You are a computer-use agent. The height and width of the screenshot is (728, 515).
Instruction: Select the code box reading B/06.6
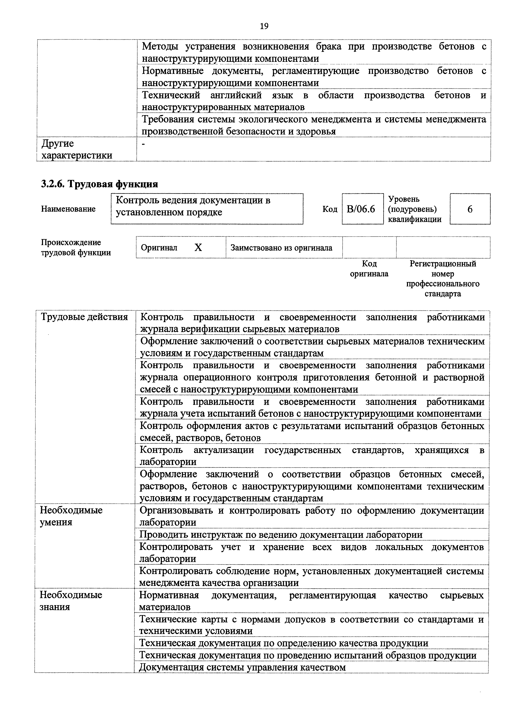[362, 209]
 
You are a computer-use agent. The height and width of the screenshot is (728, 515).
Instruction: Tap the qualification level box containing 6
[470, 209]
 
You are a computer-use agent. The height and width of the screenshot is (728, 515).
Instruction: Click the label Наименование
[68, 209]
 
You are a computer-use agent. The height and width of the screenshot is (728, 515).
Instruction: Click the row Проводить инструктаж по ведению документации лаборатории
[281, 535]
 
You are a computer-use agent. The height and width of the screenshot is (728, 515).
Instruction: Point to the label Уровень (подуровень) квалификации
[414, 209]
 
